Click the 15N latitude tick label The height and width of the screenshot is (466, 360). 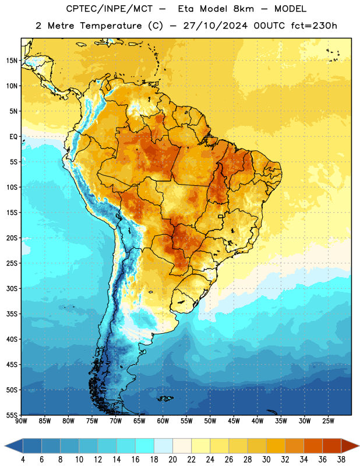click(x=12, y=61)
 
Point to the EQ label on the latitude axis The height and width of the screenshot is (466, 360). click(x=13, y=137)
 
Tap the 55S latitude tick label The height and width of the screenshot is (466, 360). click(x=12, y=415)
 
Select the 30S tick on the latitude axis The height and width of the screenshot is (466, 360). click(x=12, y=288)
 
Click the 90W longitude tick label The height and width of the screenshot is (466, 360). click(x=21, y=421)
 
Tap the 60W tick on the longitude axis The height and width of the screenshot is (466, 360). click(x=163, y=421)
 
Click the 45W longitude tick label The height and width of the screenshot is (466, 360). click(x=234, y=421)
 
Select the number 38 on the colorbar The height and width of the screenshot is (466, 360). click(x=341, y=460)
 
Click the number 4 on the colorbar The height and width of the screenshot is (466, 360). click(x=23, y=460)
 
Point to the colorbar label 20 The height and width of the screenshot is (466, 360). click(x=172, y=460)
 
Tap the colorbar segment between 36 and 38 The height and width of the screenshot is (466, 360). click(x=332, y=446)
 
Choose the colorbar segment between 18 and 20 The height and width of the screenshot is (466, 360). click(x=163, y=446)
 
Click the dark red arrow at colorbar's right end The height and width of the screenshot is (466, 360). click(x=349, y=446)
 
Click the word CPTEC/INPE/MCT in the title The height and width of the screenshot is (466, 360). click(x=110, y=9)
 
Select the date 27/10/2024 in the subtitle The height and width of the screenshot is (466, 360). click(x=215, y=26)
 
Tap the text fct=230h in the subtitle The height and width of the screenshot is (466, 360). click(x=314, y=26)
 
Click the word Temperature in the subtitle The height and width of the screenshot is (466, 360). click(x=111, y=26)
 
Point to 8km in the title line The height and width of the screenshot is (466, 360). click(x=243, y=9)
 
